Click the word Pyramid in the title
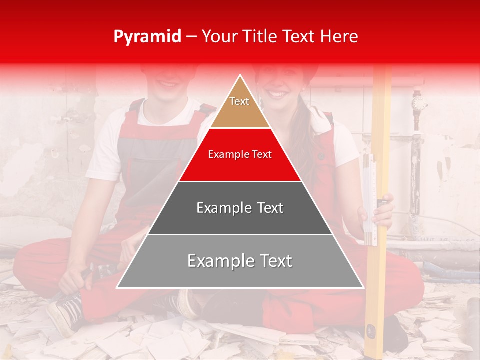pos(147,37)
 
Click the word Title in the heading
pos(260,36)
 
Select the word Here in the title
pos(339,36)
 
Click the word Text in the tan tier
pos(239,101)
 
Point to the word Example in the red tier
pos(227,155)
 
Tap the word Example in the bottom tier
pos(218,261)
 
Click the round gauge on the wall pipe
pos(419,104)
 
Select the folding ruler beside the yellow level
pos(368,200)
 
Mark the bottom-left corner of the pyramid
pos(117,287)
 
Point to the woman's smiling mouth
pos(278,94)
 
